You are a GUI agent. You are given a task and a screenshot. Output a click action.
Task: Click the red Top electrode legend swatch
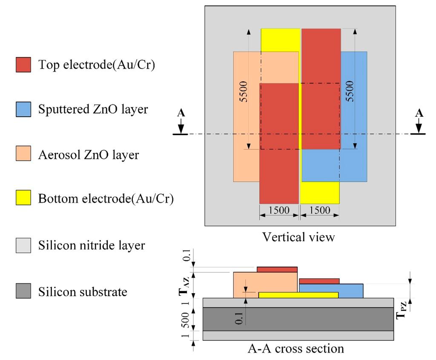pos(23,64)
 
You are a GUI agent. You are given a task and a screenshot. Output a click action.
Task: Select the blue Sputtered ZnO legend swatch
pos(23,109)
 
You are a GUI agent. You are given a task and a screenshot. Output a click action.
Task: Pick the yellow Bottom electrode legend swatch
pos(23,198)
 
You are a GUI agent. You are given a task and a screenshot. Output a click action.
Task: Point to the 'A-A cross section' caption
pos(295,348)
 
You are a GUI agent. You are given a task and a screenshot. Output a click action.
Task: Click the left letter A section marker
pos(181,113)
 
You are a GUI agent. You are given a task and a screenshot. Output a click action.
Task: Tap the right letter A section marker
pos(419,113)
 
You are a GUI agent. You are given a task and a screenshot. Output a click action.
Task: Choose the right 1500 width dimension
pos(320,210)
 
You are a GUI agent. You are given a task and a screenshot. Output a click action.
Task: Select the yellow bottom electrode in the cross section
pos(298,295)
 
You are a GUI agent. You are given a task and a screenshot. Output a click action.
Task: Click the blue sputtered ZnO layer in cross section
pos(351,291)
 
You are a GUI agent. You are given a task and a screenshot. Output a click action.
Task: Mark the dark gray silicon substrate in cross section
pos(298,319)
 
